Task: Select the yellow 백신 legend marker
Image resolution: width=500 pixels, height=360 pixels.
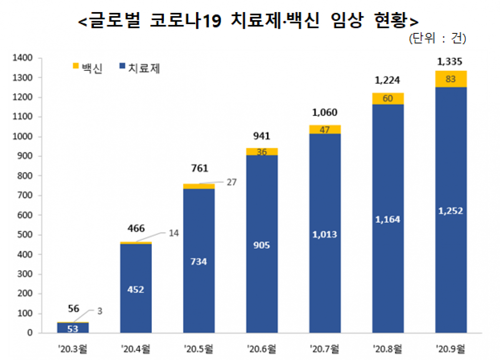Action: (x=75, y=66)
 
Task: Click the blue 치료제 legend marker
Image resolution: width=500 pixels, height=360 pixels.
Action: (x=122, y=66)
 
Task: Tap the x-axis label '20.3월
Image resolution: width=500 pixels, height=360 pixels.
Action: (x=73, y=347)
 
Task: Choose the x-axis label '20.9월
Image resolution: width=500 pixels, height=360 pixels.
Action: (x=451, y=347)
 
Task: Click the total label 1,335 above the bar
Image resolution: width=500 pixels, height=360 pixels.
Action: (x=450, y=62)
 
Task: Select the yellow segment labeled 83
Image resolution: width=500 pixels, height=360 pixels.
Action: (x=450, y=79)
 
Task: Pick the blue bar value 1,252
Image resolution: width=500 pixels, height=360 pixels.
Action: (x=450, y=211)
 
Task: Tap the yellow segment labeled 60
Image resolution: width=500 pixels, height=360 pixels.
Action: (x=387, y=98)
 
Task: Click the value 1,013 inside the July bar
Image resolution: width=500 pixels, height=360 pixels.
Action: (x=324, y=234)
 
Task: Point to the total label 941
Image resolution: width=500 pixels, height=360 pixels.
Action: (x=262, y=136)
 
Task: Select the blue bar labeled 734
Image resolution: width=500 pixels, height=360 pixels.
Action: (x=199, y=262)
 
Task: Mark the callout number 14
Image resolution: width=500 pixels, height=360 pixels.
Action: (x=173, y=233)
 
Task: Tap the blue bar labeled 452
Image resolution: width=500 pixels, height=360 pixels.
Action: (x=136, y=289)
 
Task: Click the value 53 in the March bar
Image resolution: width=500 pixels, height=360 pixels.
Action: (x=73, y=329)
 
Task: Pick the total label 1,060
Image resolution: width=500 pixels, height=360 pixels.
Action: (x=324, y=112)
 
